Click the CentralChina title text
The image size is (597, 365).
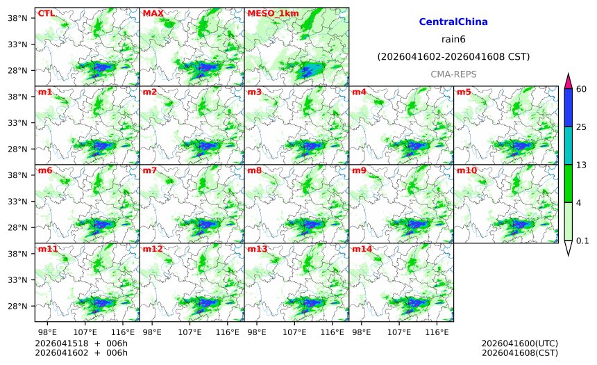coord(453,22)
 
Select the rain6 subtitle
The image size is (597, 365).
coord(453,39)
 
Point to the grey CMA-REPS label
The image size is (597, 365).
coord(453,74)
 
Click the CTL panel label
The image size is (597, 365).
coord(46,13)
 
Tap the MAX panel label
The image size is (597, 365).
coord(153,13)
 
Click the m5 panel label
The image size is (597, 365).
coord(464,92)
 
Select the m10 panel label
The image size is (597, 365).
coord(466,170)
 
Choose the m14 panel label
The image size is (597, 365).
coord(362,249)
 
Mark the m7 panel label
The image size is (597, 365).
coord(150,170)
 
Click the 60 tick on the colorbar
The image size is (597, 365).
coord(582,88)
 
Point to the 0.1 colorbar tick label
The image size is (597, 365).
coord(583,241)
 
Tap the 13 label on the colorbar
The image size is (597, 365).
coord(582,165)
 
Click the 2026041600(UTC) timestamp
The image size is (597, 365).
coord(519,343)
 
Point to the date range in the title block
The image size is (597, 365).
coord(453,56)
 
